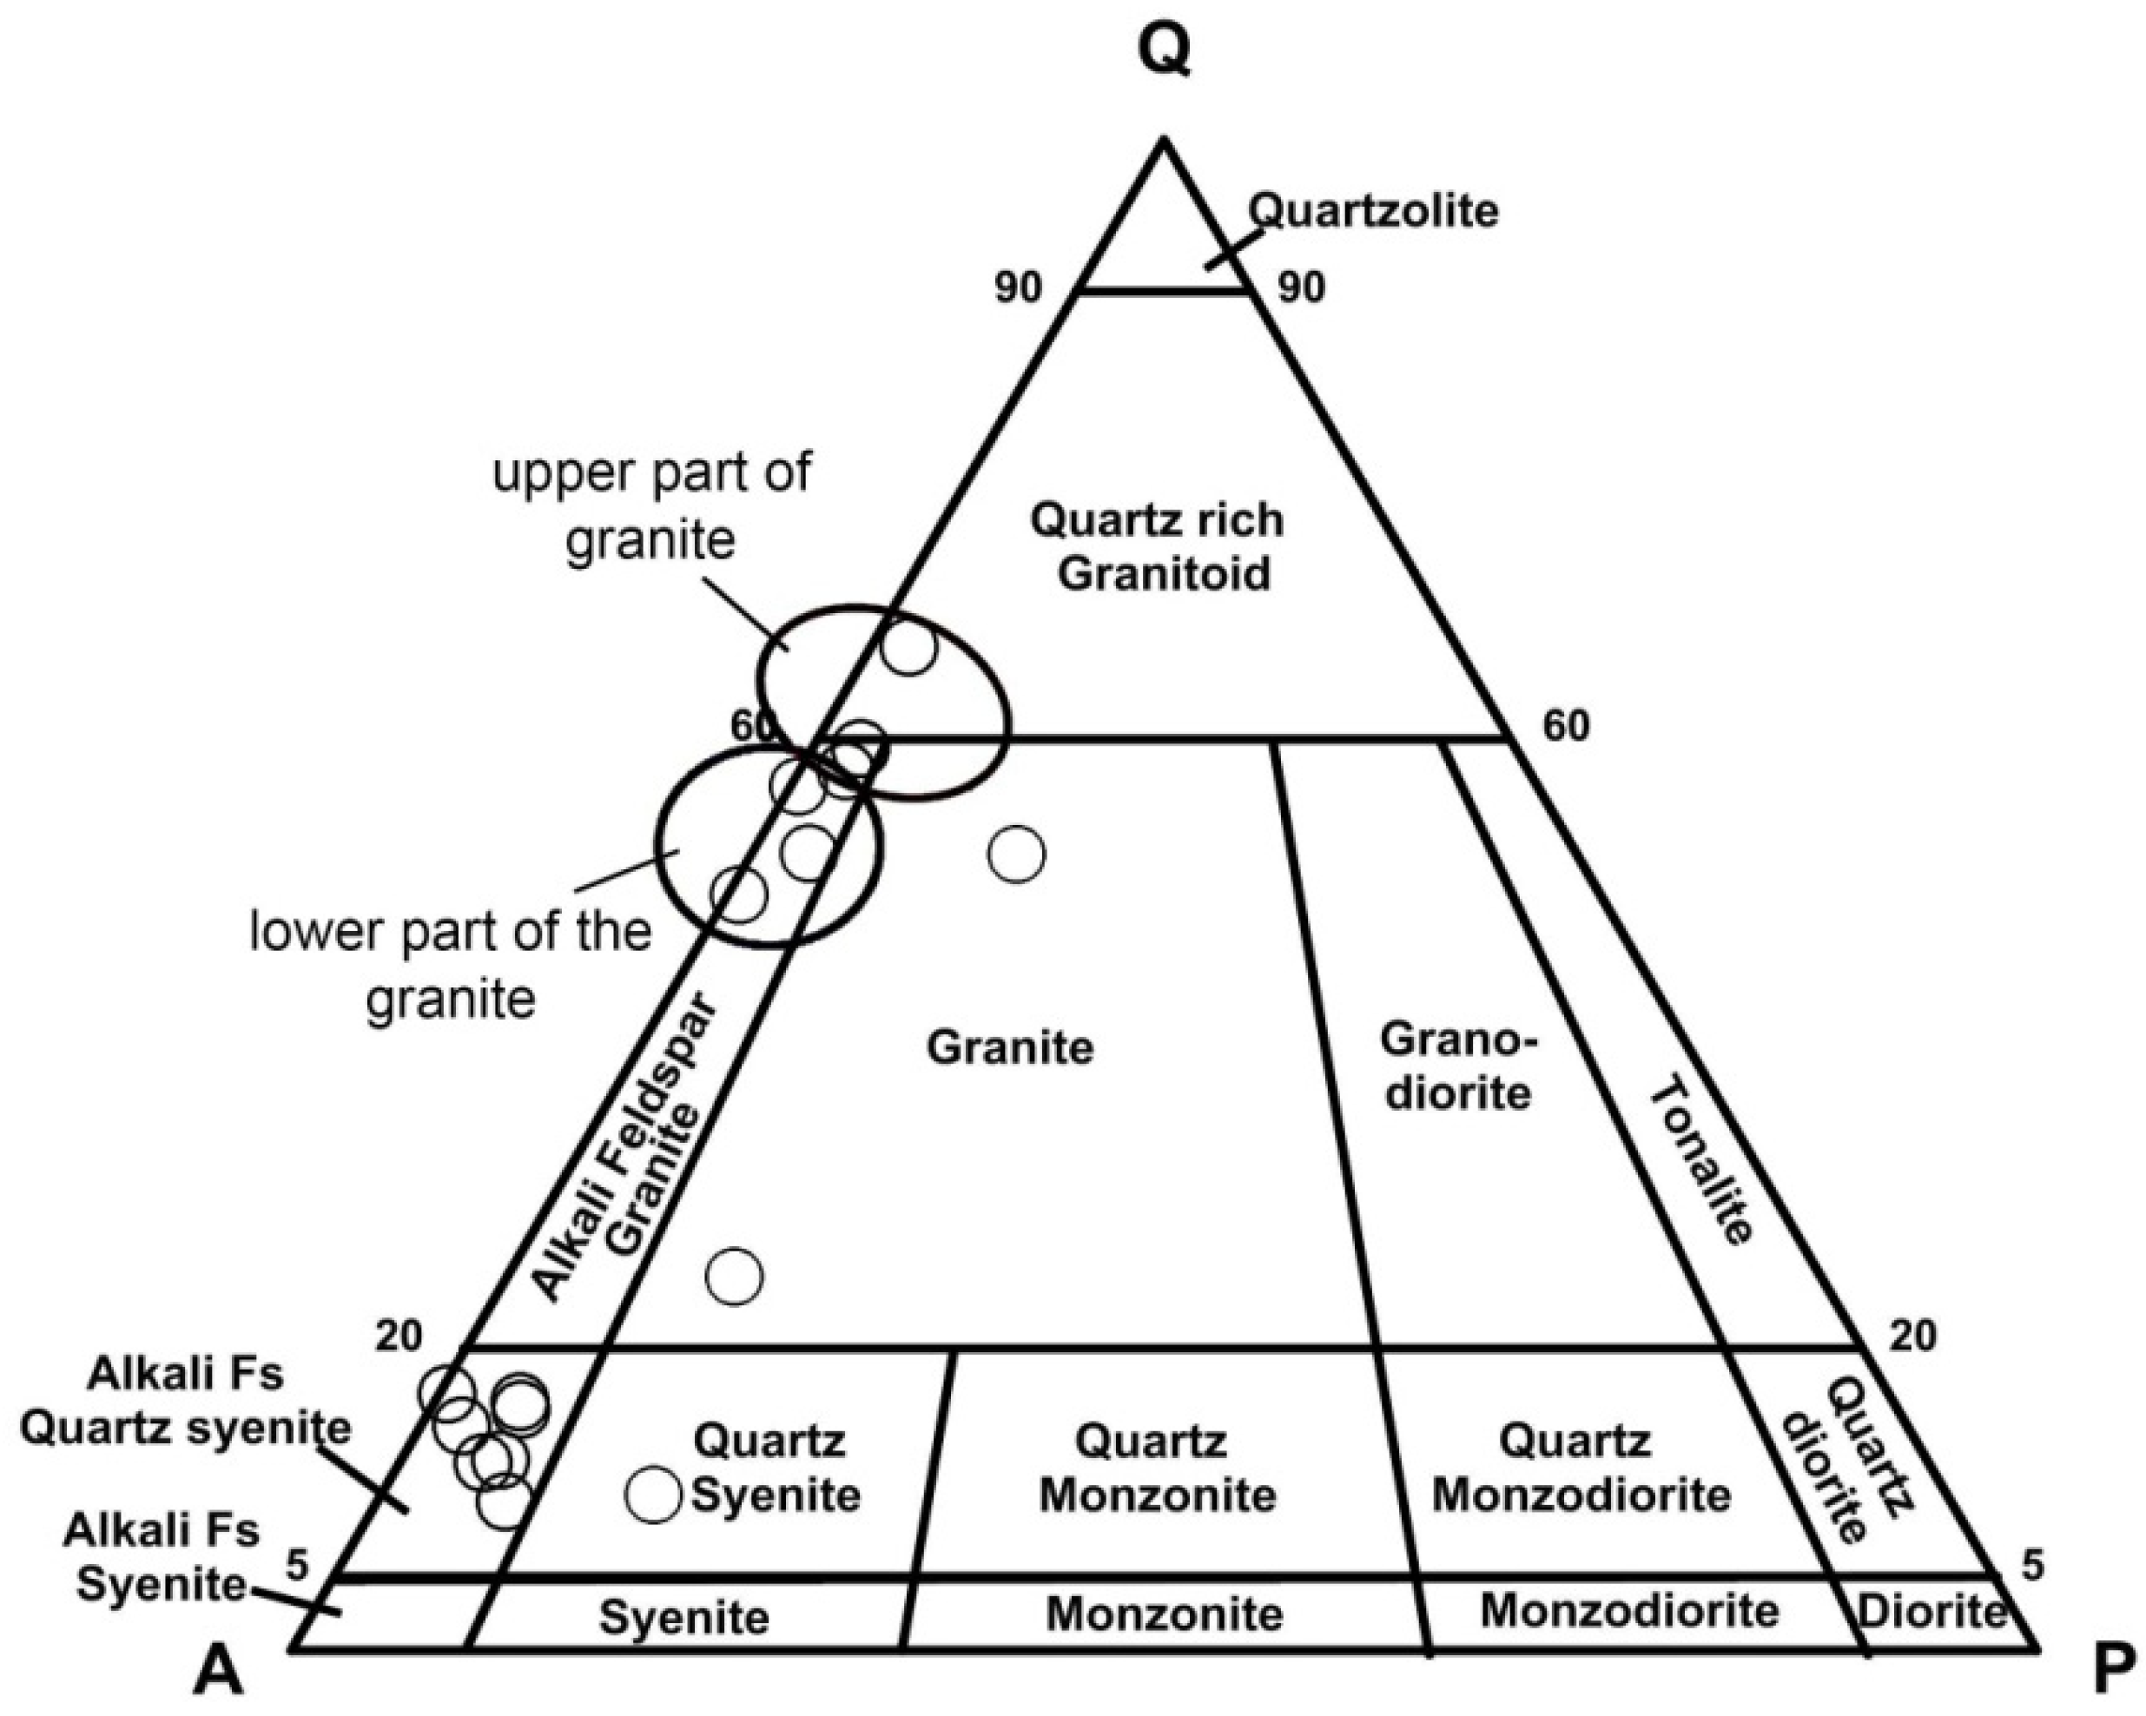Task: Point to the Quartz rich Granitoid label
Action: click(x=1157, y=547)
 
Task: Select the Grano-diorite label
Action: click(x=1458, y=1066)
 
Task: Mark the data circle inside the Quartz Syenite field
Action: click(x=653, y=1494)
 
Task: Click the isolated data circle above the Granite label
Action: click(x=1016, y=854)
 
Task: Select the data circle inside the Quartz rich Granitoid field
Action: click(x=908, y=647)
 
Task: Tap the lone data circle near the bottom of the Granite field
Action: click(x=735, y=1275)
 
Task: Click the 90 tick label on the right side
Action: click(x=1302, y=287)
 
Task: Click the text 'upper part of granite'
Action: click(x=652, y=505)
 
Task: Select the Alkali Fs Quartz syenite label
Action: click(x=186, y=1402)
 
